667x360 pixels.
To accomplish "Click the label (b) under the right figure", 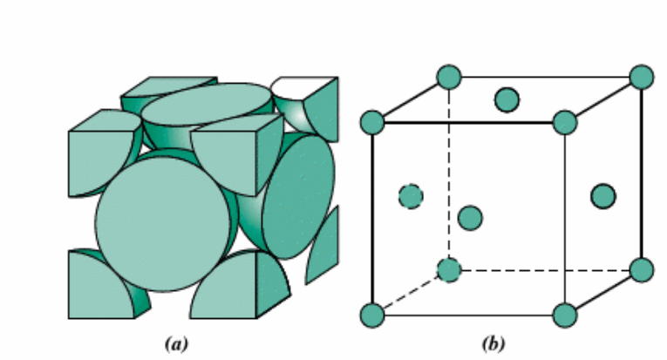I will tap(494, 344).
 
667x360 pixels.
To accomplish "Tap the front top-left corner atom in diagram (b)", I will tap(372, 123).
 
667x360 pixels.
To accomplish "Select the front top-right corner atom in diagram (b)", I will tap(565, 123).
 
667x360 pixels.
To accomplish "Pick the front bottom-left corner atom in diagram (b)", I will tap(372, 315).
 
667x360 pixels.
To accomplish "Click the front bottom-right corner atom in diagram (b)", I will tap(565, 315).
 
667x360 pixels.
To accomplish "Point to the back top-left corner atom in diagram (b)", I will tap(449, 77).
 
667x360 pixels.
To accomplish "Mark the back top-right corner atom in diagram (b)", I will tap(642, 77).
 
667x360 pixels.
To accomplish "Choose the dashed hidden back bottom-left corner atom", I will tap(449, 270).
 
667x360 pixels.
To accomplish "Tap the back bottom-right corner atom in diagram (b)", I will tap(642, 270).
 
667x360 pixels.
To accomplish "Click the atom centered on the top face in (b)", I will tap(507, 99).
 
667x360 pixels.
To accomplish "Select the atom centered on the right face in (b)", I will tap(603, 196).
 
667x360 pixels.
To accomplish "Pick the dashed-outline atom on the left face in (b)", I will tap(411, 196).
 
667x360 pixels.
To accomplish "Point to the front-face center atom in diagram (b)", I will tap(470, 218).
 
